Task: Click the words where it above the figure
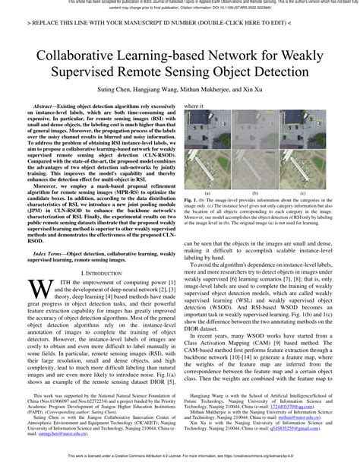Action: [195, 107]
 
